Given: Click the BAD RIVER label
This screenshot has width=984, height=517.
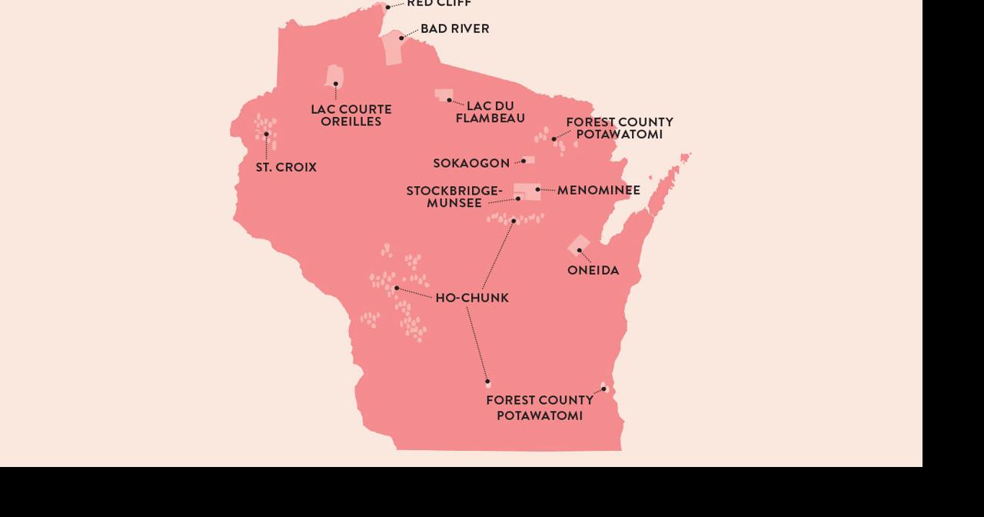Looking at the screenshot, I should (x=454, y=29).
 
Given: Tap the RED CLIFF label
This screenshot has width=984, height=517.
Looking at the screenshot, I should (x=439, y=4).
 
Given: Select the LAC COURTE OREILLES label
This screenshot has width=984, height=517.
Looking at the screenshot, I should (x=351, y=115).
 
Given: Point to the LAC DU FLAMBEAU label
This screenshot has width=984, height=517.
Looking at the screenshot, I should (x=490, y=112).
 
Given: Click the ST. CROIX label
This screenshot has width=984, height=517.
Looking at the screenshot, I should (x=286, y=168).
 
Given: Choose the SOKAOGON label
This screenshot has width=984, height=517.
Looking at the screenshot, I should (x=471, y=164).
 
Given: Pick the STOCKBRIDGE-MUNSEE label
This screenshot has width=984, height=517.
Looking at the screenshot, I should (x=454, y=197).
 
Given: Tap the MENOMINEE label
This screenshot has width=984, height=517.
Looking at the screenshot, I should (x=599, y=190).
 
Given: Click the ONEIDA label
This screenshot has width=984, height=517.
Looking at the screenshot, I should (x=593, y=271).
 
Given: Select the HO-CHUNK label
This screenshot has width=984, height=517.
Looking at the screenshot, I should (x=472, y=299).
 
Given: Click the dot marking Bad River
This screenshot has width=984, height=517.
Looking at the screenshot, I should (x=401, y=38).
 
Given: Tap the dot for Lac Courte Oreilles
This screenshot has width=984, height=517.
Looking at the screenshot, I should (x=336, y=84).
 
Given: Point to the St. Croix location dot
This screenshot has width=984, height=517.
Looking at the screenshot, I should (x=267, y=135).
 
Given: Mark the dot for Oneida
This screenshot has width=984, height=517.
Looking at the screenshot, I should (x=580, y=250).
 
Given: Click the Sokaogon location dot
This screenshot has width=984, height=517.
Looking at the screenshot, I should (x=524, y=161).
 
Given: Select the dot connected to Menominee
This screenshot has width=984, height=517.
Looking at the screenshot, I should (x=538, y=189).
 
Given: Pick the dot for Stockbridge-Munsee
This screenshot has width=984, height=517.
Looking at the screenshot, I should (x=518, y=198).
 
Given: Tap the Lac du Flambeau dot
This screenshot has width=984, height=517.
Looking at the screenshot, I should (x=450, y=100).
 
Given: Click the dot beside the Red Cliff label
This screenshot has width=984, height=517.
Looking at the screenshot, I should (x=388, y=7).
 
